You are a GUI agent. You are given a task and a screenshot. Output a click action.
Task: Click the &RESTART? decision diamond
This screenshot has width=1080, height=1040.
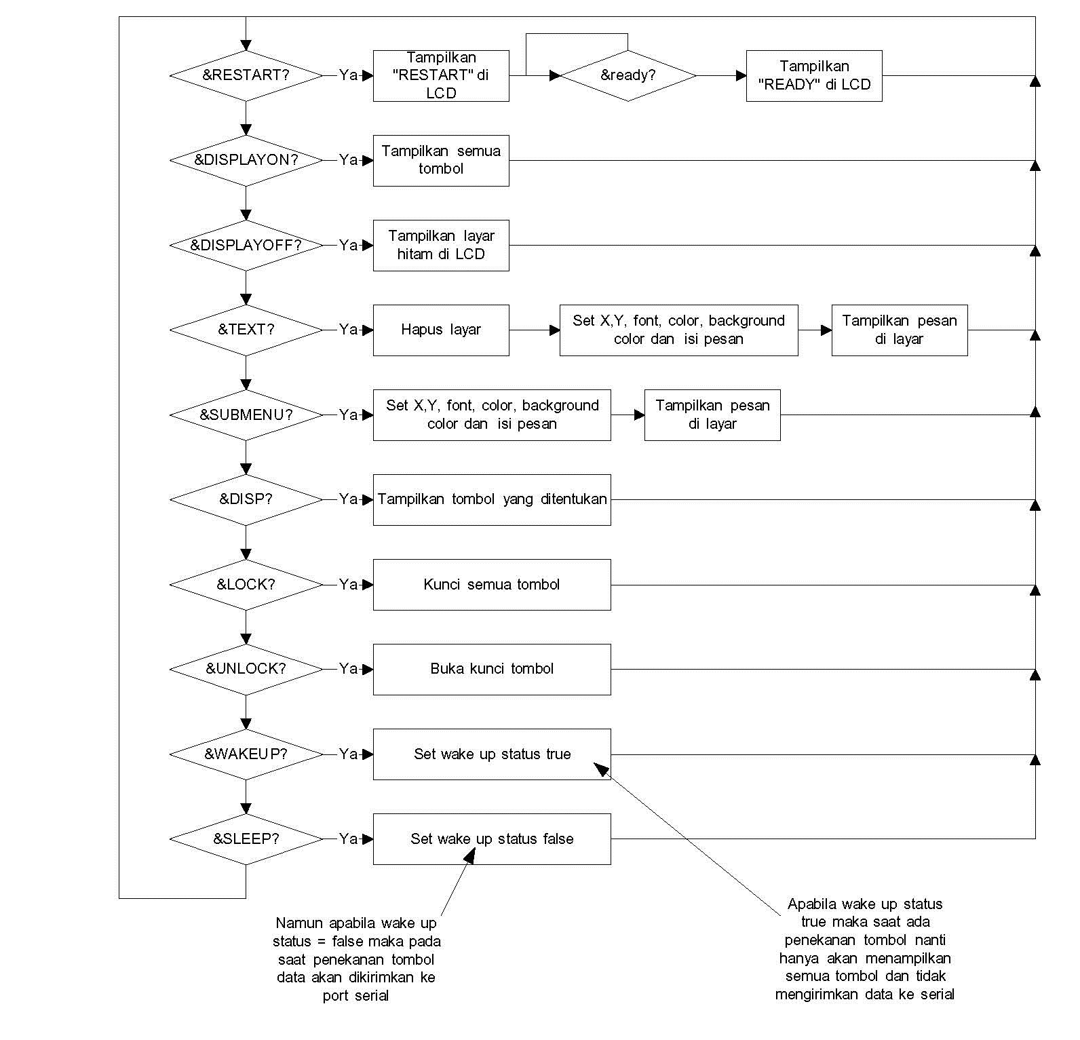(246, 75)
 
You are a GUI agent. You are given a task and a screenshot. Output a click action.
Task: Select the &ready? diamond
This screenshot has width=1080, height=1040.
(628, 75)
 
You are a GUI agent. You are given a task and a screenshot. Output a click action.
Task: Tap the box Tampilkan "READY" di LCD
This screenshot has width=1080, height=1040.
(813, 75)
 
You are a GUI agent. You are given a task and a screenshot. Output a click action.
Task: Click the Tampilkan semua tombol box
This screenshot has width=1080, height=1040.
(440, 160)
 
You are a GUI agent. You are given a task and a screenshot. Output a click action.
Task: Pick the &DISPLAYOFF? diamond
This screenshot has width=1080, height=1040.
(246, 245)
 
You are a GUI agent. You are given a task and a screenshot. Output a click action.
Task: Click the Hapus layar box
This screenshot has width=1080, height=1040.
(440, 330)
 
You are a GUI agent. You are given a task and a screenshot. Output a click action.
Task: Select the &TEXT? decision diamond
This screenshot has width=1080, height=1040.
(246, 330)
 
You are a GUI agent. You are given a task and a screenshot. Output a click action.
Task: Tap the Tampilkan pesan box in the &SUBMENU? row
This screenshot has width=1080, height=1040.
(712, 415)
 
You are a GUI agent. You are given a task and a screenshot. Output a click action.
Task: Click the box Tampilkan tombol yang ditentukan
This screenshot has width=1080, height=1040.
(491, 499)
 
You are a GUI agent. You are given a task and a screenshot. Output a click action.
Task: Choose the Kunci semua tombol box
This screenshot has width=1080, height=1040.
(491, 584)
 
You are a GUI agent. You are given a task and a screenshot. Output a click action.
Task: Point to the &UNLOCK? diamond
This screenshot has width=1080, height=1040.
(246, 669)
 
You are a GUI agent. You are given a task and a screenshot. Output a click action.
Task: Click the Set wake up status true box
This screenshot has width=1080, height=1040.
(491, 754)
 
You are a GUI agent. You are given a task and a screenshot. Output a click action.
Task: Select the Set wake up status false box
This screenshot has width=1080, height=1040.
(491, 839)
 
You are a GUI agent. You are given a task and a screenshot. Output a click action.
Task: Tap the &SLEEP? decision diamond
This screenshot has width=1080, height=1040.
(246, 839)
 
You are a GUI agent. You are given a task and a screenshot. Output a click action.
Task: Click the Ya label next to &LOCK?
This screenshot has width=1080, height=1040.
(348, 584)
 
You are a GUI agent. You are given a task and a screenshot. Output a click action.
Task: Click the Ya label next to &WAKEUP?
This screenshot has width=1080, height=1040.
(348, 754)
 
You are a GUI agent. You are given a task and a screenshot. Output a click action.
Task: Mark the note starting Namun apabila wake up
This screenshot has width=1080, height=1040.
(356, 959)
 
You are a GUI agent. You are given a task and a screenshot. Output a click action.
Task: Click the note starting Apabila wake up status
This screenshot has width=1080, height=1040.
(864, 948)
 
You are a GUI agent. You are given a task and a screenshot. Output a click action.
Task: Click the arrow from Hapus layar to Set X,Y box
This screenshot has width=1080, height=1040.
(534, 330)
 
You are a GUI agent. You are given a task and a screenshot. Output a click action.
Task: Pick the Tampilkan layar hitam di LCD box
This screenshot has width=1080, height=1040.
(440, 245)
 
